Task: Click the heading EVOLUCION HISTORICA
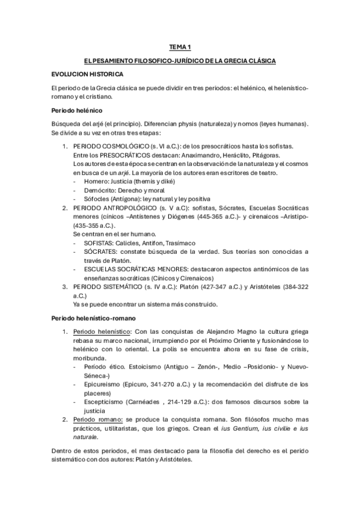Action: click(88, 74)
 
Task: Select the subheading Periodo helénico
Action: click(78, 111)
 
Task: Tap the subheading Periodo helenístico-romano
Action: click(94, 317)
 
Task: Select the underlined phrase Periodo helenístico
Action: click(100, 331)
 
